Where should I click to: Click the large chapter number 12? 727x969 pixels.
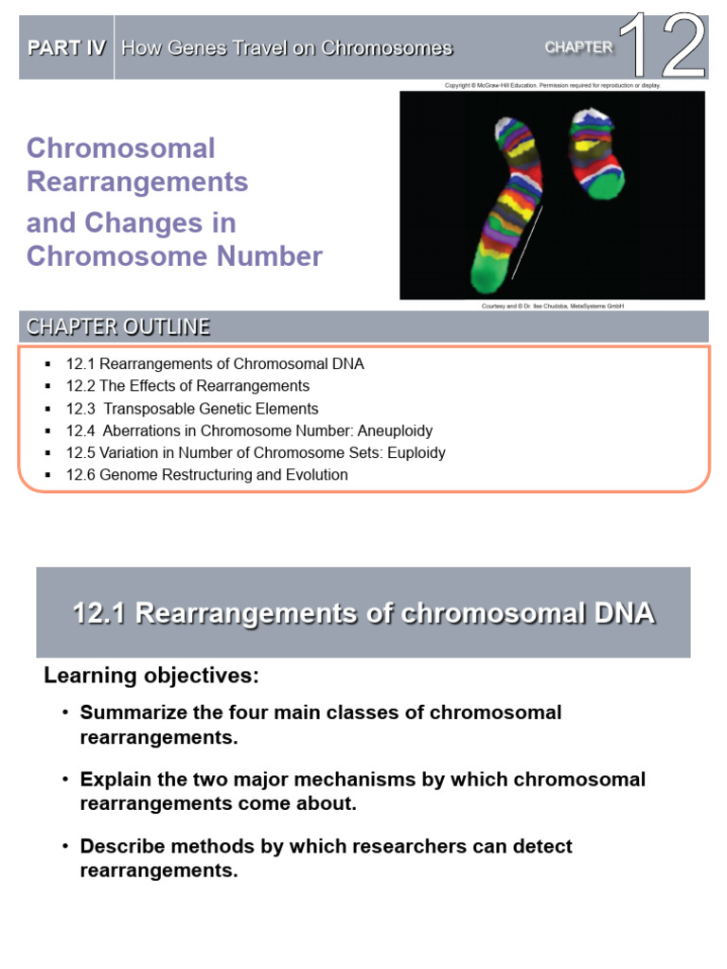pos(668,46)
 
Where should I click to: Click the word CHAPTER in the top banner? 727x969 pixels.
pos(578,47)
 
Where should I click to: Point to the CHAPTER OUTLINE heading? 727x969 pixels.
pos(118,327)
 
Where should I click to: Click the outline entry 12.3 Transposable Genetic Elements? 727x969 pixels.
pos(192,409)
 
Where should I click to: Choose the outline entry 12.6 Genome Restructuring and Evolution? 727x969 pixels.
pos(206,475)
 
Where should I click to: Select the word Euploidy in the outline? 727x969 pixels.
pos(415,452)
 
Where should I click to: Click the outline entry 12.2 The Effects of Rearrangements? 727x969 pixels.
pos(187,386)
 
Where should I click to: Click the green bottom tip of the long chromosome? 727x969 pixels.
pos(488,273)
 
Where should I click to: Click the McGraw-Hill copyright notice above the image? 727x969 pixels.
pos(552,85)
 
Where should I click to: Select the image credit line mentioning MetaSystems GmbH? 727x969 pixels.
pos(554,306)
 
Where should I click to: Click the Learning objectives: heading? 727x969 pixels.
pos(151,677)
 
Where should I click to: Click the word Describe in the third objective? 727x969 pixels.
pos(119,846)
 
